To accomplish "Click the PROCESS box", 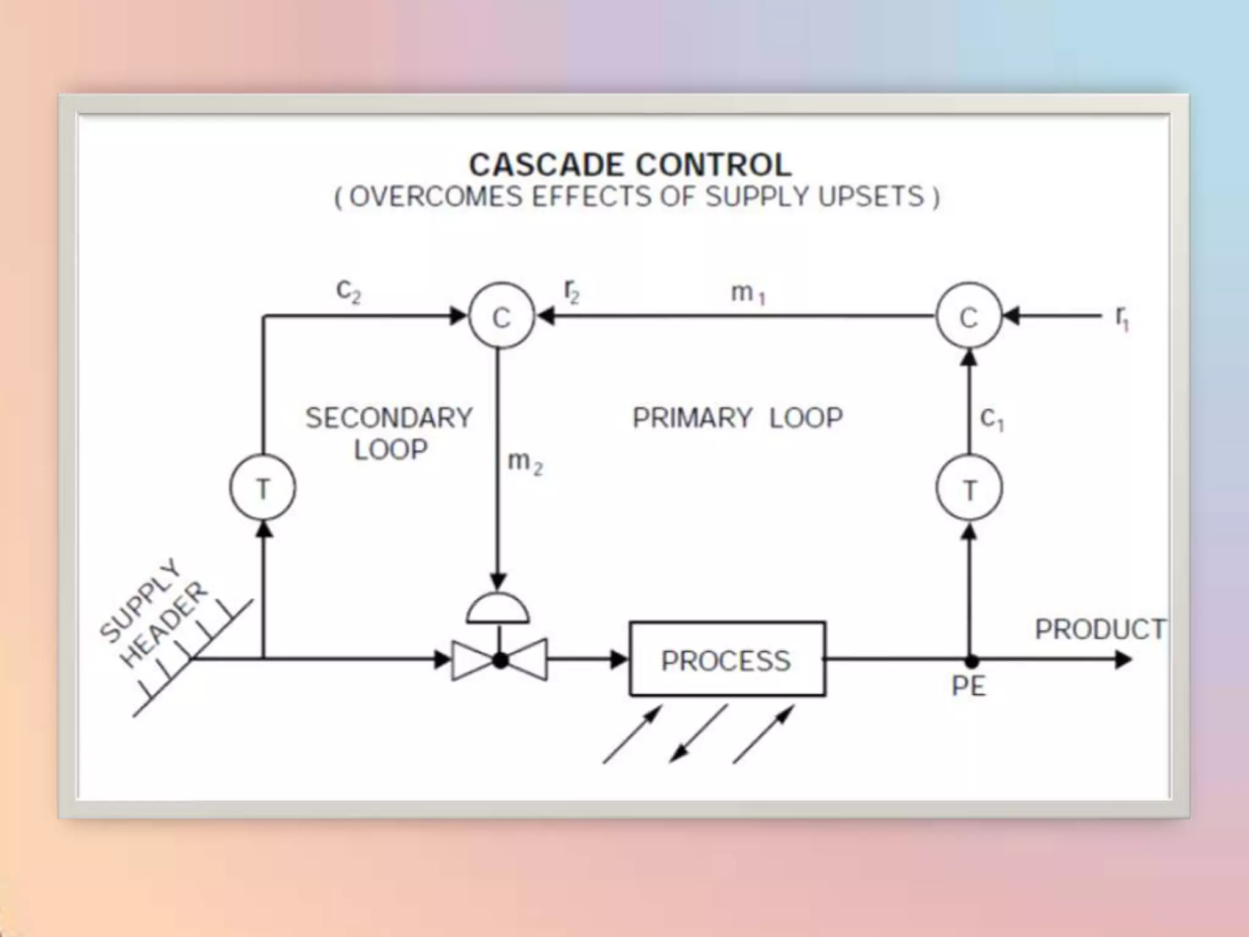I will tap(727, 659).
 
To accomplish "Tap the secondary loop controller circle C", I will tap(501, 316).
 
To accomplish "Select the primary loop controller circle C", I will tap(968, 316).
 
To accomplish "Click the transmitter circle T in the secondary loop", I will tap(263, 488).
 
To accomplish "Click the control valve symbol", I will tap(499, 659).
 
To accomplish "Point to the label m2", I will tap(524, 462).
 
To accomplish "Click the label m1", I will tap(748, 293).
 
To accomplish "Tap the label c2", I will tap(348, 290).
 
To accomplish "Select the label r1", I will tap(1122, 317).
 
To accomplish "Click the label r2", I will tap(571, 292).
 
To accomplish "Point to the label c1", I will tap(992, 419).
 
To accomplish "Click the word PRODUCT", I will tap(1100, 629).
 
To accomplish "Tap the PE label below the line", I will tap(968, 686).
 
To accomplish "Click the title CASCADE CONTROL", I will tap(630, 165).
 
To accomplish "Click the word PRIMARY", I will tap(692, 418).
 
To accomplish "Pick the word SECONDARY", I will tap(389, 418).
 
